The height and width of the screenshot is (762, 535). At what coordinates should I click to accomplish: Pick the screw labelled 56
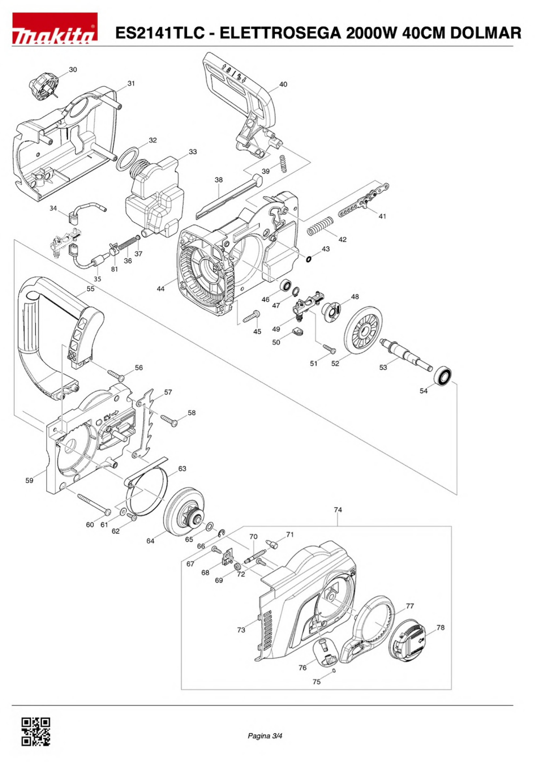click(x=116, y=375)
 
